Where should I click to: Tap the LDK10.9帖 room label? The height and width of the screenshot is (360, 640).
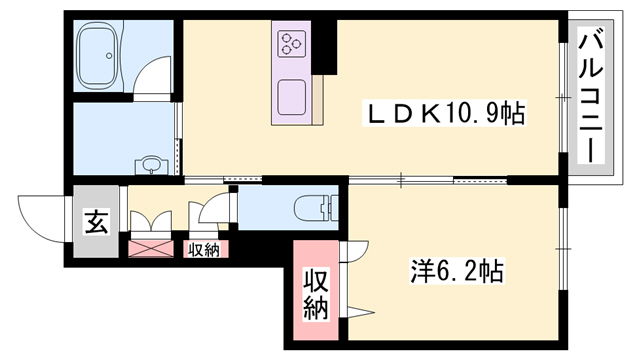pyautogui.click(x=444, y=113)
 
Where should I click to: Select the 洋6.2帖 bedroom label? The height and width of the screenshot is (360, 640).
pyautogui.click(x=456, y=270)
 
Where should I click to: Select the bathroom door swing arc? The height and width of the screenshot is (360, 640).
pyautogui.click(x=156, y=77)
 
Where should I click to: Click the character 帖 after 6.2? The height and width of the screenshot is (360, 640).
pyautogui.click(x=490, y=270)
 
